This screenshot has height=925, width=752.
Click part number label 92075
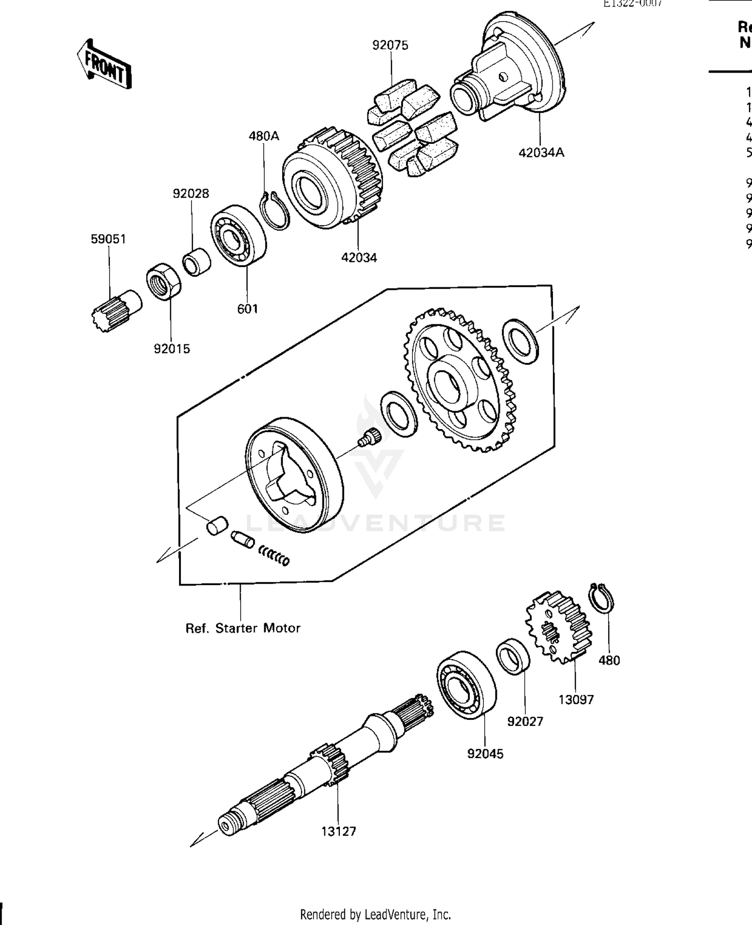point(390,45)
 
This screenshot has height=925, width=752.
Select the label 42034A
point(541,152)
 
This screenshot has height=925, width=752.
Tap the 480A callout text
point(264,136)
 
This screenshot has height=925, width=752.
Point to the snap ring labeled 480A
point(275,211)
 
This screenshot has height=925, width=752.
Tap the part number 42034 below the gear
point(359,258)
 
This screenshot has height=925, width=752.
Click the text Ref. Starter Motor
point(243,628)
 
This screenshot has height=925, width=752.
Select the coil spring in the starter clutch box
point(274,556)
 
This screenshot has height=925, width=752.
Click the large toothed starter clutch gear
point(459,381)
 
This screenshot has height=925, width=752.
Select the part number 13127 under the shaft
point(338,831)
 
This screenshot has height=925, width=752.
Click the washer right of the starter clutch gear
point(521,341)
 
